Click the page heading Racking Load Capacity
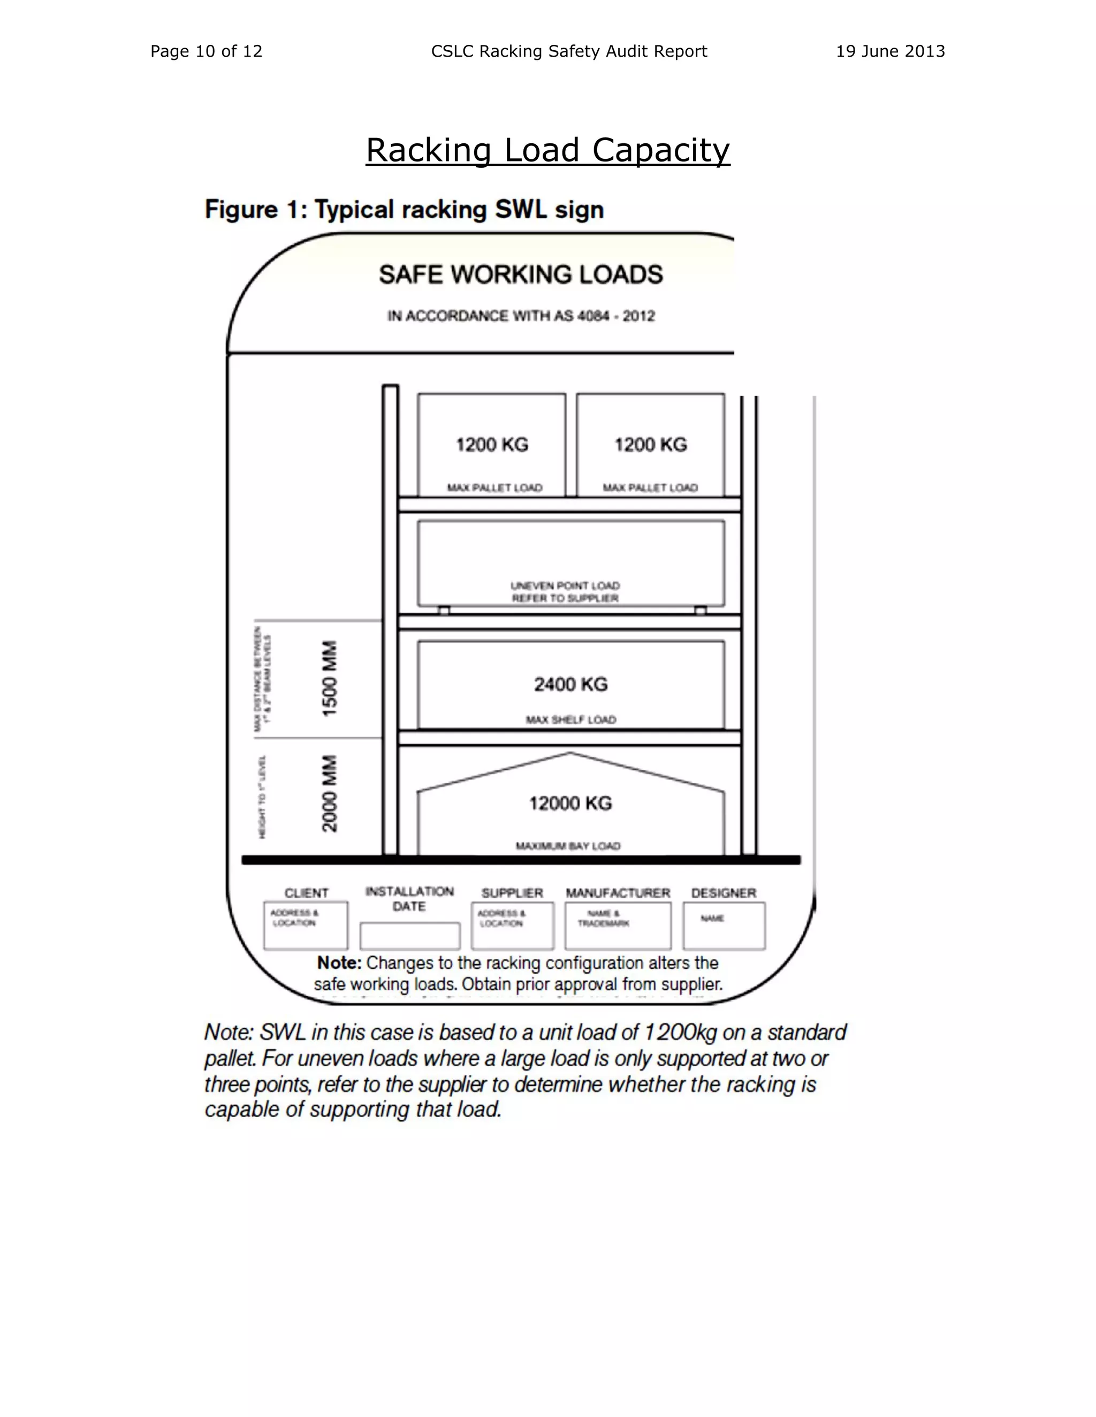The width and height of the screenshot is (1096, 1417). tap(547, 151)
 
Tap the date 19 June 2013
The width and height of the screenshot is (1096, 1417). tap(889, 51)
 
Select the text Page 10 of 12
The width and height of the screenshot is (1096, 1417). tap(207, 51)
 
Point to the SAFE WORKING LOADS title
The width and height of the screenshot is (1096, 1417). tap(521, 274)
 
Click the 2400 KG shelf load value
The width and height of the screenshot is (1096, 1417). tap(570, 684)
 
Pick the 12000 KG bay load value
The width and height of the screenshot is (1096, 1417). tap(570, 803)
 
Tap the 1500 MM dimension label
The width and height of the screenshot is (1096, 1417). tap(330, 679)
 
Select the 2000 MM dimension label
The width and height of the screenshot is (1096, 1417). tap(330, 793)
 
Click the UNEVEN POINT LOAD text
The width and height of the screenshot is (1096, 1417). tap(565, 585)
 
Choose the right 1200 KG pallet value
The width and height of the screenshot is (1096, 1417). tap(651, 444)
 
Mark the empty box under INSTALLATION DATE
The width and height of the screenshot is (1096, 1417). tap(410, 936)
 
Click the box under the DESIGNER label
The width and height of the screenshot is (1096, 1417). tap(724, 926)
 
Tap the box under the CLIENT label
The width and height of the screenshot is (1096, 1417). tap(305, 926)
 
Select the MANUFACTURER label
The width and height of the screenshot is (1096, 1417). tap(618, 894)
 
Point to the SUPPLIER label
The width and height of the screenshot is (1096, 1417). tap(512, 894)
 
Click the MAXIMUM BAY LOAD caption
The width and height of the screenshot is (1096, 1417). tap(568, 846)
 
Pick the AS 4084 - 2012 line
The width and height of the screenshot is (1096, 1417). tap(521, 316)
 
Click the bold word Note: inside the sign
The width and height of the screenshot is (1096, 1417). tap(339, 963)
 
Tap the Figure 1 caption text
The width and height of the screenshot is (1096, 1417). tap(404, 210)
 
